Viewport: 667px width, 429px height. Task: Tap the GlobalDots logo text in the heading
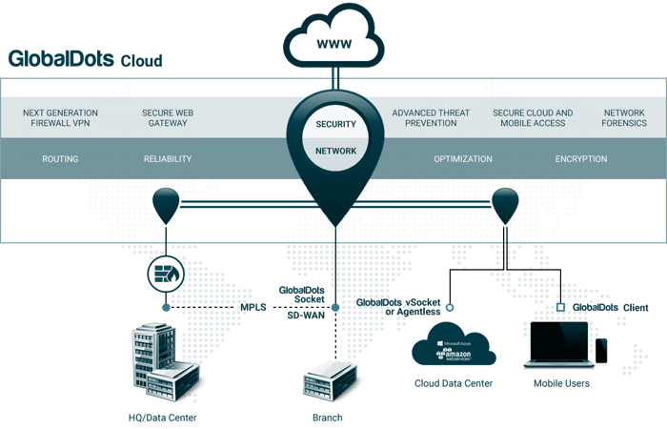(x=61, y=59)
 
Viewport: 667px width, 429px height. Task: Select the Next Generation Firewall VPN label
(x=60, y=118)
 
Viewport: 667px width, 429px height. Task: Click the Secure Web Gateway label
(x=168, y=118)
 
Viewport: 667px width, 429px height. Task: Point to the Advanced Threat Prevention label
(x=431, y=118)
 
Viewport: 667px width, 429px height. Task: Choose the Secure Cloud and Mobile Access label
(x=533, y=118)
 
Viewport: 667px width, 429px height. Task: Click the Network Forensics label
(x=624, y=118)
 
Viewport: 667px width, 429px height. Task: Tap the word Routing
(x=60, y=159)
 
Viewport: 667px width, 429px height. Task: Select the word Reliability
(x=168, y=159)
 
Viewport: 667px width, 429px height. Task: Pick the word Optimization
(x=463, y=159)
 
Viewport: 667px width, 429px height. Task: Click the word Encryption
(x=581, y=159)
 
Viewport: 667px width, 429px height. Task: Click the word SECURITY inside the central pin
(x=335, y=124)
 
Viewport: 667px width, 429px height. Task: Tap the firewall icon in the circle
(x=166, y=275)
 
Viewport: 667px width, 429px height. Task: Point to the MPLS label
(x=253, y=307)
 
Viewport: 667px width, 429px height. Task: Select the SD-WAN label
(x=306, y=316)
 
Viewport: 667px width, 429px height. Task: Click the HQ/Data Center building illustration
(x=166, y=362)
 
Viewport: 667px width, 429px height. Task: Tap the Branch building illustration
(x=330, y=381)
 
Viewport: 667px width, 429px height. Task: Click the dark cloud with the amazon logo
(x=454, y=344)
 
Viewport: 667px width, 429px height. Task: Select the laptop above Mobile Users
(x=559, y=345)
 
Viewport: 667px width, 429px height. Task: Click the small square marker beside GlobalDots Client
(x=560, y=307)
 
